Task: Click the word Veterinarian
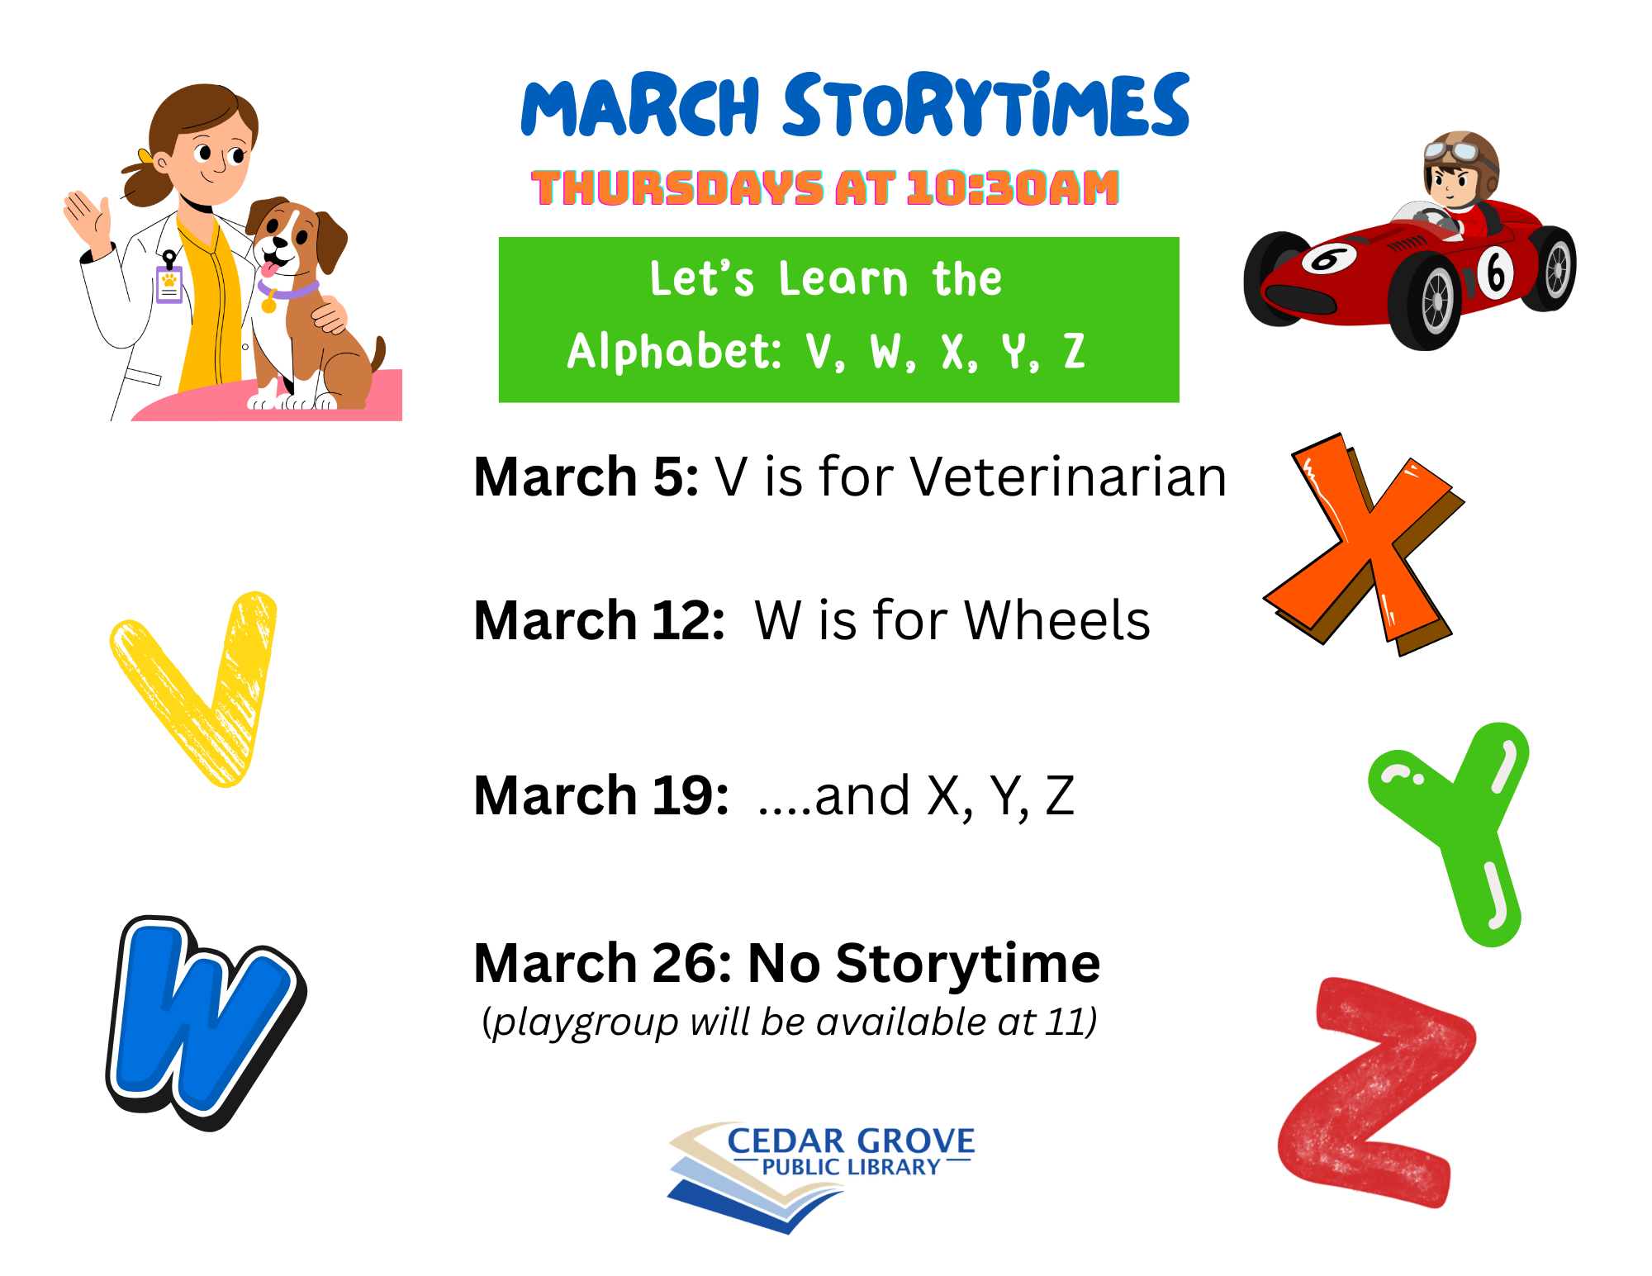tap(1069, 477)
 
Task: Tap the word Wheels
tap(1057, 620)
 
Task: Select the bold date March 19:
tap(601, 795)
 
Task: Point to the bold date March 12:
tap(599, 620)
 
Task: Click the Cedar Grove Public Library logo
tap(821, 1177)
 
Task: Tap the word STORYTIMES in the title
tap(986, 105)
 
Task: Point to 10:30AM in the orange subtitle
tap(1013, 187)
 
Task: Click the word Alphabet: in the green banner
tap(674, 351)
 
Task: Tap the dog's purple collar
tap(289, 289)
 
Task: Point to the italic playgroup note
tap(790, 1022)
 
